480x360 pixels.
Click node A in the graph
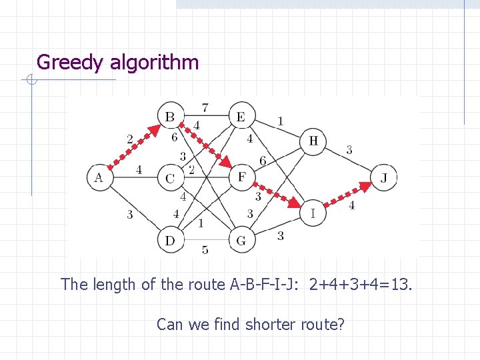point(99,177)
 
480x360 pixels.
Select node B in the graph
point(170,117)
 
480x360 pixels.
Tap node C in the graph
point(170,178)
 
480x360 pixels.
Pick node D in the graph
point(170,240)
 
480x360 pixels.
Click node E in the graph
point(241,117)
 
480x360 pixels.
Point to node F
point(241,177)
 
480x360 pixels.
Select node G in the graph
point(241,240)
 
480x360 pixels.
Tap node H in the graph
point(313,141)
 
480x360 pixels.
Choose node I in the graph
point(313,213)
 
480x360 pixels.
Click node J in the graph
point(384,178)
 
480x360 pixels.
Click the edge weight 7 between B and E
point(205,107)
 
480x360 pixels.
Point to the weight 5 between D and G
point(205,250)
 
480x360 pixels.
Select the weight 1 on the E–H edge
point(280,121)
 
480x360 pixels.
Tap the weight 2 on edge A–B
point(130,139)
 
